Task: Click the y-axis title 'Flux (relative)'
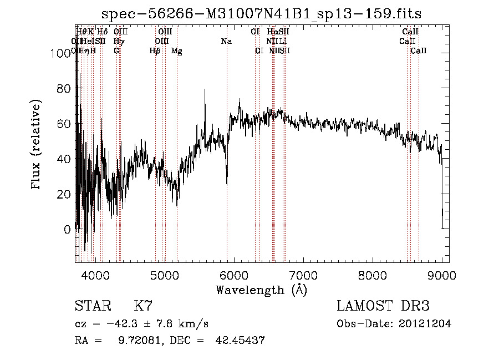[x=37, y=145]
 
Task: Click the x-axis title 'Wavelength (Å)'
[x=261, y=290]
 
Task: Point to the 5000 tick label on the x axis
[x=164, y=274]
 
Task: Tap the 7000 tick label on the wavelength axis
[x=303, y=274]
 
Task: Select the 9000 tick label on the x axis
[x=442, y=274]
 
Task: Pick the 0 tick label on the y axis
[x=67, y=229]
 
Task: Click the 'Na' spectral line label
[x=226, y=42]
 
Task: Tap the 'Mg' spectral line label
[x=176, y=51]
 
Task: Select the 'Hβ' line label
[x=155, y=51]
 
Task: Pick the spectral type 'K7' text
[x=142, y=306]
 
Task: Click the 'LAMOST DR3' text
[x=383, y=306]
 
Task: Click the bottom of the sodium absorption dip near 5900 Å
[x=227, y=184]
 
